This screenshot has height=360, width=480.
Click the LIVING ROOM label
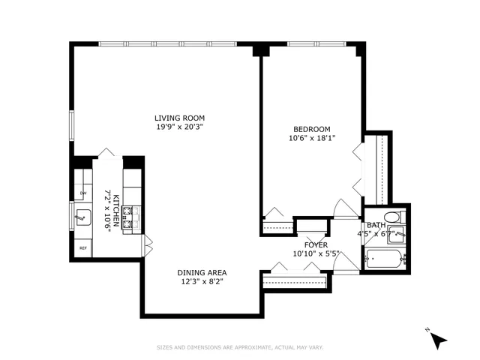click(179, 118)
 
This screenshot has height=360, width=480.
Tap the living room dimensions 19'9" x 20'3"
click(179, 127)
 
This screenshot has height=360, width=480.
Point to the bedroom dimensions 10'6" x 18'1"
click(311, 138)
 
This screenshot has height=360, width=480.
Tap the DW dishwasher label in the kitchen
click(82, 194)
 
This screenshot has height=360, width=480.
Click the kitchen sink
click(83, 219)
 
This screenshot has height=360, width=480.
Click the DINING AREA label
click(202, 272)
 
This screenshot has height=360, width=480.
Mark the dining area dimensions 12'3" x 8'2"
click(202, 281)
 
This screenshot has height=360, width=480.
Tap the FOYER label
click(316, 244)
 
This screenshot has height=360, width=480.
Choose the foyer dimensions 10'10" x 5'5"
click(316, 253)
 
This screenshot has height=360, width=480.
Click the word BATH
click(375, 225)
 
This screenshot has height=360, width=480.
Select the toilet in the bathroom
click(399, 217)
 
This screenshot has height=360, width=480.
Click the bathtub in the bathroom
click(385, 261)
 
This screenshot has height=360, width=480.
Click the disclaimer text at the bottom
click(241, 347)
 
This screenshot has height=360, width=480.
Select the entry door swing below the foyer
click(346, 262)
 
